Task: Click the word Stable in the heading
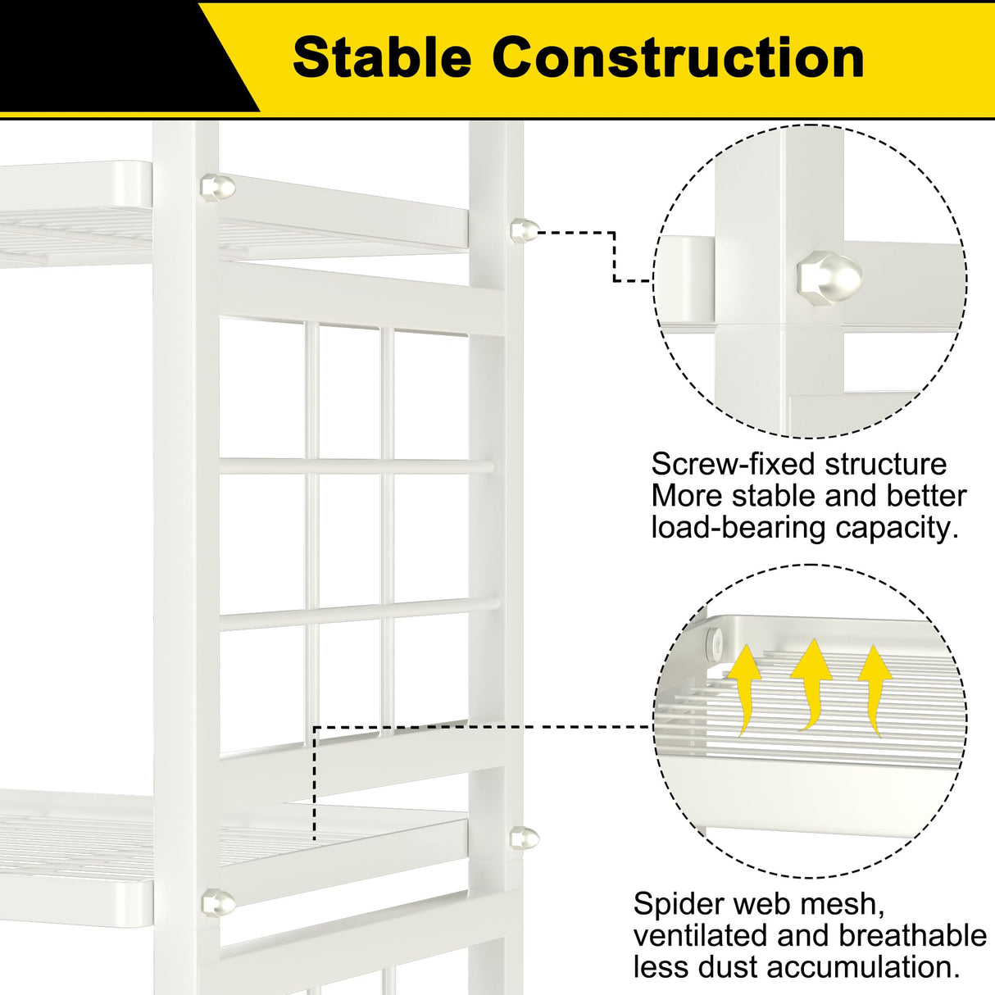(382, 57)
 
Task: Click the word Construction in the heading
(678, 57)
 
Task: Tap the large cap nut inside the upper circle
(829, 279)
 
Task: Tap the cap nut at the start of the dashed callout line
(524, 229)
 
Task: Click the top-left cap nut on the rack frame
(217, 186)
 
